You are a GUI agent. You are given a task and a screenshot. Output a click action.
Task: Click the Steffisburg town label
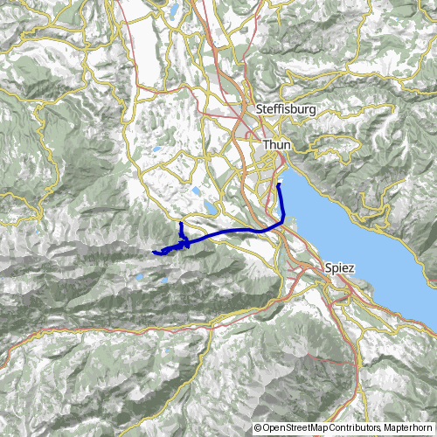pos(286,109)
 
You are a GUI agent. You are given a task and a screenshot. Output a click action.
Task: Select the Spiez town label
pos(339,267)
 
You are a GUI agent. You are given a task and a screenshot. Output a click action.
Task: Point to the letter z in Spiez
pos(351,267)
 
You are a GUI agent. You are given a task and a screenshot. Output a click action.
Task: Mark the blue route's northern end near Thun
pos(278,185)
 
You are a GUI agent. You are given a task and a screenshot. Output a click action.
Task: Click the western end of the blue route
pos(155,253)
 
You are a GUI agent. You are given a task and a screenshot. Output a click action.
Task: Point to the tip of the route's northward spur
pos(181,225)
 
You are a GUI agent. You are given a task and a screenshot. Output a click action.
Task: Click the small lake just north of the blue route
pos(211,209)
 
